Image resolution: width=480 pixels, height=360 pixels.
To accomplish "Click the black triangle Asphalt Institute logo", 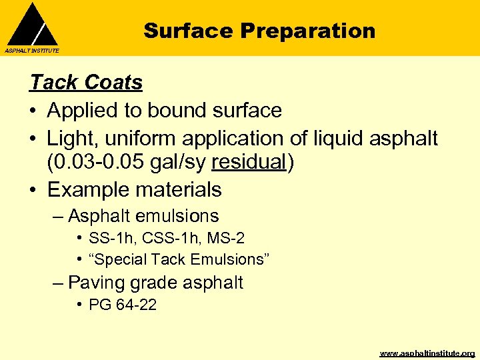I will pos(32,25).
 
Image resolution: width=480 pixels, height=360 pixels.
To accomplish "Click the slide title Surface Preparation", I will pos(259,31).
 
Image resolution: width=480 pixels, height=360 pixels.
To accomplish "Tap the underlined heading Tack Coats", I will pos(86,83).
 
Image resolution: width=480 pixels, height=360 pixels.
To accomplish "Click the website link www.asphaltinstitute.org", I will pos(427,353).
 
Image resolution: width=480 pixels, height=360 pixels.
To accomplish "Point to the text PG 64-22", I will pos(123,306).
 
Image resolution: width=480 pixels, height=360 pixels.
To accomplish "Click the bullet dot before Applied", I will pos(33,111).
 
